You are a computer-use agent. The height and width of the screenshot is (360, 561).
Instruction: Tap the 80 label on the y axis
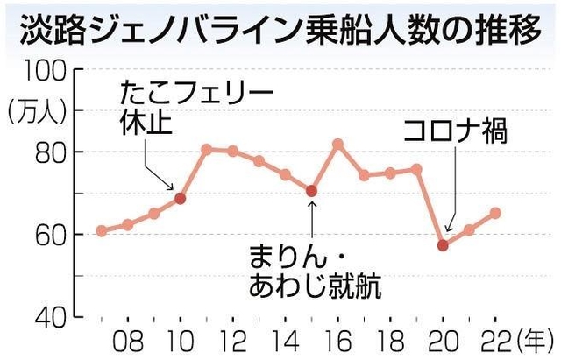point(49,152)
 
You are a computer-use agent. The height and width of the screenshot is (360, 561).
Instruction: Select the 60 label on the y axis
point(49,234)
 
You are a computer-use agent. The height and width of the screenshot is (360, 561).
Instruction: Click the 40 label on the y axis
point(49,315)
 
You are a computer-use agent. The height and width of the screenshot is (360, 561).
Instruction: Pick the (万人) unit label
point(34,111)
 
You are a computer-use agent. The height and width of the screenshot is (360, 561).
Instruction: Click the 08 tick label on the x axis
point(128,340)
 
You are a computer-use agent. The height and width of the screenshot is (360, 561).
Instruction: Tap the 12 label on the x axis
point(232,340)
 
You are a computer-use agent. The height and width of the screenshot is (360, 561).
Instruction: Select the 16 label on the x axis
point(337,340)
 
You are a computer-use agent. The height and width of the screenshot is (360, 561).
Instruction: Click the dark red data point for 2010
point(181,198)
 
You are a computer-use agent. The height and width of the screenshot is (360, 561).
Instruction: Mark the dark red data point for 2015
point(311,191)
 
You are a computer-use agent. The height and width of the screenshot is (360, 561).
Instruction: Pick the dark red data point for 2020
point(443,245)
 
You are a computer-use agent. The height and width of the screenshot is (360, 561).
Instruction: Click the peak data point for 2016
point(337,143)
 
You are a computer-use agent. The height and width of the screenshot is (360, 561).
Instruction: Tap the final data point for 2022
point(495,213)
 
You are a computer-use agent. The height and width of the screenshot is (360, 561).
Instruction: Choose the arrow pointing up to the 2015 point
point(311,217)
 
